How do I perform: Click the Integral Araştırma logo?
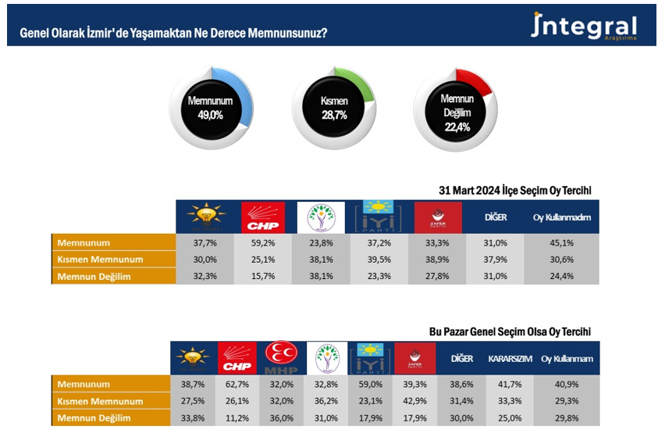(x=583, y=27)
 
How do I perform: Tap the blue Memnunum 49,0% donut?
(x=211, y=107)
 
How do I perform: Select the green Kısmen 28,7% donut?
(x=333, y=107)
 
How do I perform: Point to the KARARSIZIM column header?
(x=510, y=359)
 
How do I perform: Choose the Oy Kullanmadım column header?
(x=561, y=217)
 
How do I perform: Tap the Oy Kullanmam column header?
(x=567, y=359)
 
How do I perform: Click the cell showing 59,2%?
(x=263, y=243)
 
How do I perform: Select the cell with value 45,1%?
(x=561, y=243)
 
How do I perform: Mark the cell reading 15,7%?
(x=263, y=275)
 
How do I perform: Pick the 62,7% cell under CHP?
(x=236, y=385)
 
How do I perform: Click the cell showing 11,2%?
(x=236, y=417)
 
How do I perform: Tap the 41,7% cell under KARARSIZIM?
(x=510, y=385)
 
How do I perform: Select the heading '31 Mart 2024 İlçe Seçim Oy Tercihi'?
(x=515, y=190)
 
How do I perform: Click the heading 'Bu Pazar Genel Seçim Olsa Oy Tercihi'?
(x=510, y=331)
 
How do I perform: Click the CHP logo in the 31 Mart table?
(x=263, y=217)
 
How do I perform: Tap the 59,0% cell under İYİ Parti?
(x=370, y=385)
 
